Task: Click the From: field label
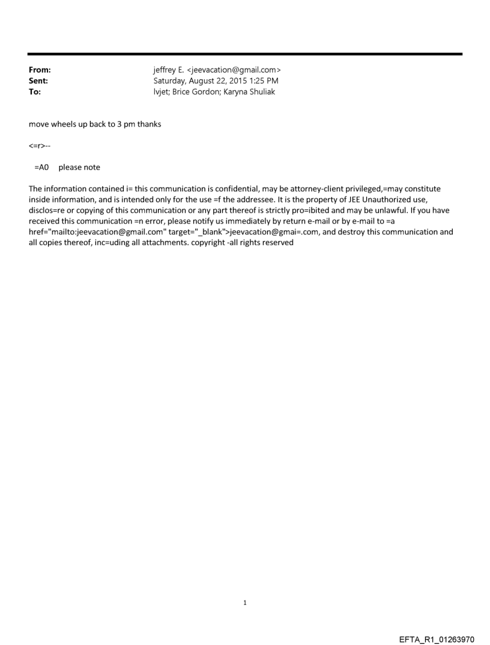pyautogui.click(x=40, y=70)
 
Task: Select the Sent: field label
pyautogui.click(x=38, y=81)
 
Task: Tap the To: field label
pyautogui.click(x=34, y=92)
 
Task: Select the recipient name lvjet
pyautogui.click(x=161, y=92)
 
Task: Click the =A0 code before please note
pyautogui.click(x=41, y=167)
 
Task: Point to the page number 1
pyautogui.click(x=245, y=602)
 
